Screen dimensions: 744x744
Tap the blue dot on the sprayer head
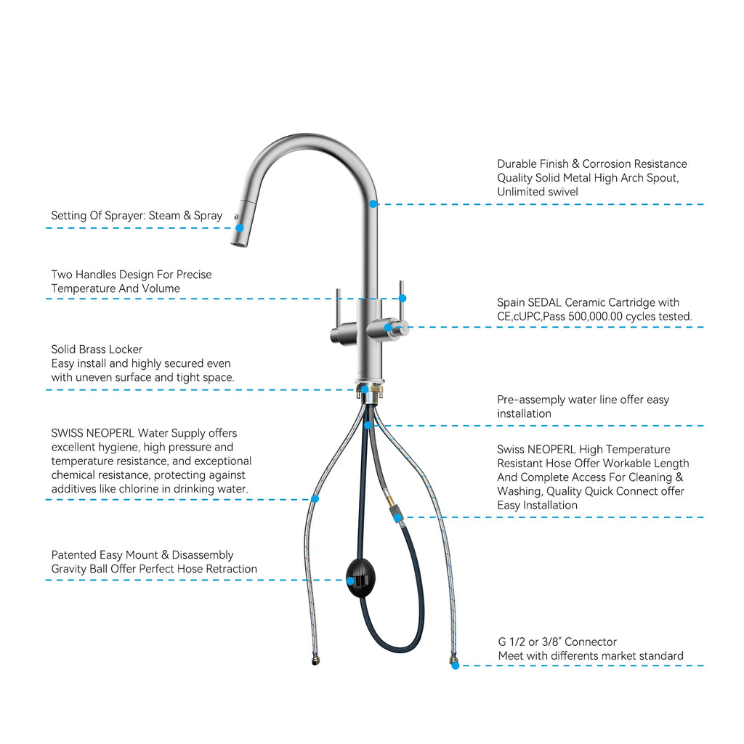pyautogui.click(x=240, y=227)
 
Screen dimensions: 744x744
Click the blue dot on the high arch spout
pyautogui.click(x=373, y=204)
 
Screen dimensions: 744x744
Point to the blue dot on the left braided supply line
pyautogui.click(x=315, y=498)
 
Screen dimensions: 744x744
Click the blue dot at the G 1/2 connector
pyautogui.click(x=456, y=666)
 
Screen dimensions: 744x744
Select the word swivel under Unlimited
pyautogui.click(x=562, y=192)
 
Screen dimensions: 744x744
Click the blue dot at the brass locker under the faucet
pyautogui.click(x=365, y=389)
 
